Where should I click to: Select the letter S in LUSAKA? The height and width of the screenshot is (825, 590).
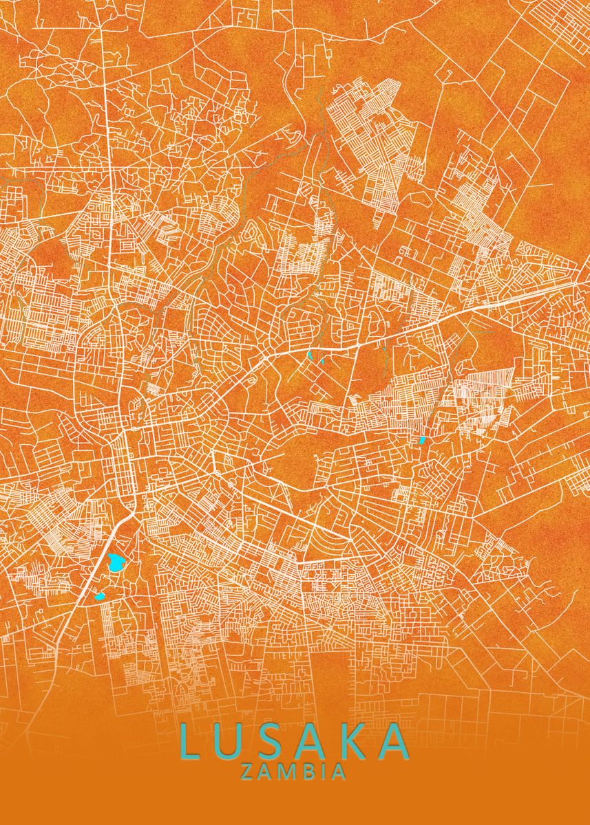(x=273, y=742)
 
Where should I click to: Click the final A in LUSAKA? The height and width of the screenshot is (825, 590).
(x=395, y=742)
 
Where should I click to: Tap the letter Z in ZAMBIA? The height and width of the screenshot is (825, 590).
(x=247, y=772)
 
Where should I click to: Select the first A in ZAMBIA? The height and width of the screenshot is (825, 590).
(x=266, y=772)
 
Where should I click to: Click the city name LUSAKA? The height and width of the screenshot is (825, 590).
(x=294, y=742)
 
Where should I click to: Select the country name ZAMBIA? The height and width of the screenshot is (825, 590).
(x=293, y=772)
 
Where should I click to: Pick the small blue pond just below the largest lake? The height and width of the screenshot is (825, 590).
(x=101, y=596)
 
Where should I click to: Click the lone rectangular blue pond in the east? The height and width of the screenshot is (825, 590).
(x=422, y=440)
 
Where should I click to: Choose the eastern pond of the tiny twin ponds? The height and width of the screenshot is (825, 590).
(x=322, y=359)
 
